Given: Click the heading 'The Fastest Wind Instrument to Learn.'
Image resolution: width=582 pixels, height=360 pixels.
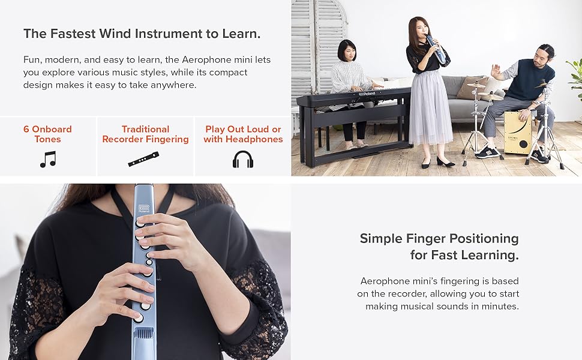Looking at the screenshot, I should pos(142,34).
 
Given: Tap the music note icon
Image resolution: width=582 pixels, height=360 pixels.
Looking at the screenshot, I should pos(47,159).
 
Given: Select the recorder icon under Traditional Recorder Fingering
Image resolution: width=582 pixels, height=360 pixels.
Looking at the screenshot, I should pos(144,159).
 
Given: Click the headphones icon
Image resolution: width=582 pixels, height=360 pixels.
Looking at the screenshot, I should pos(243,159).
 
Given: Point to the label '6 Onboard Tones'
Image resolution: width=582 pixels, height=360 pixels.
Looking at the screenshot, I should pos(47,134).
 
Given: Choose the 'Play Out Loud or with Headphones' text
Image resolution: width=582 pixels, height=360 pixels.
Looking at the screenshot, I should pos(243,134).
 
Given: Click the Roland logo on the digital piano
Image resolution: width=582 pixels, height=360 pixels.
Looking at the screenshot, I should pos(368,94).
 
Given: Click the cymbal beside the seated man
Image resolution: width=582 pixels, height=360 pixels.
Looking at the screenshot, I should pos(477,86).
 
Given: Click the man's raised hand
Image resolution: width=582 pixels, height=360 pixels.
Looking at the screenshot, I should pos(496,70).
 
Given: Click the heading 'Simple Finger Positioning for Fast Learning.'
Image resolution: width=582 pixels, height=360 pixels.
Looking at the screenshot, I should pos(439,246).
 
